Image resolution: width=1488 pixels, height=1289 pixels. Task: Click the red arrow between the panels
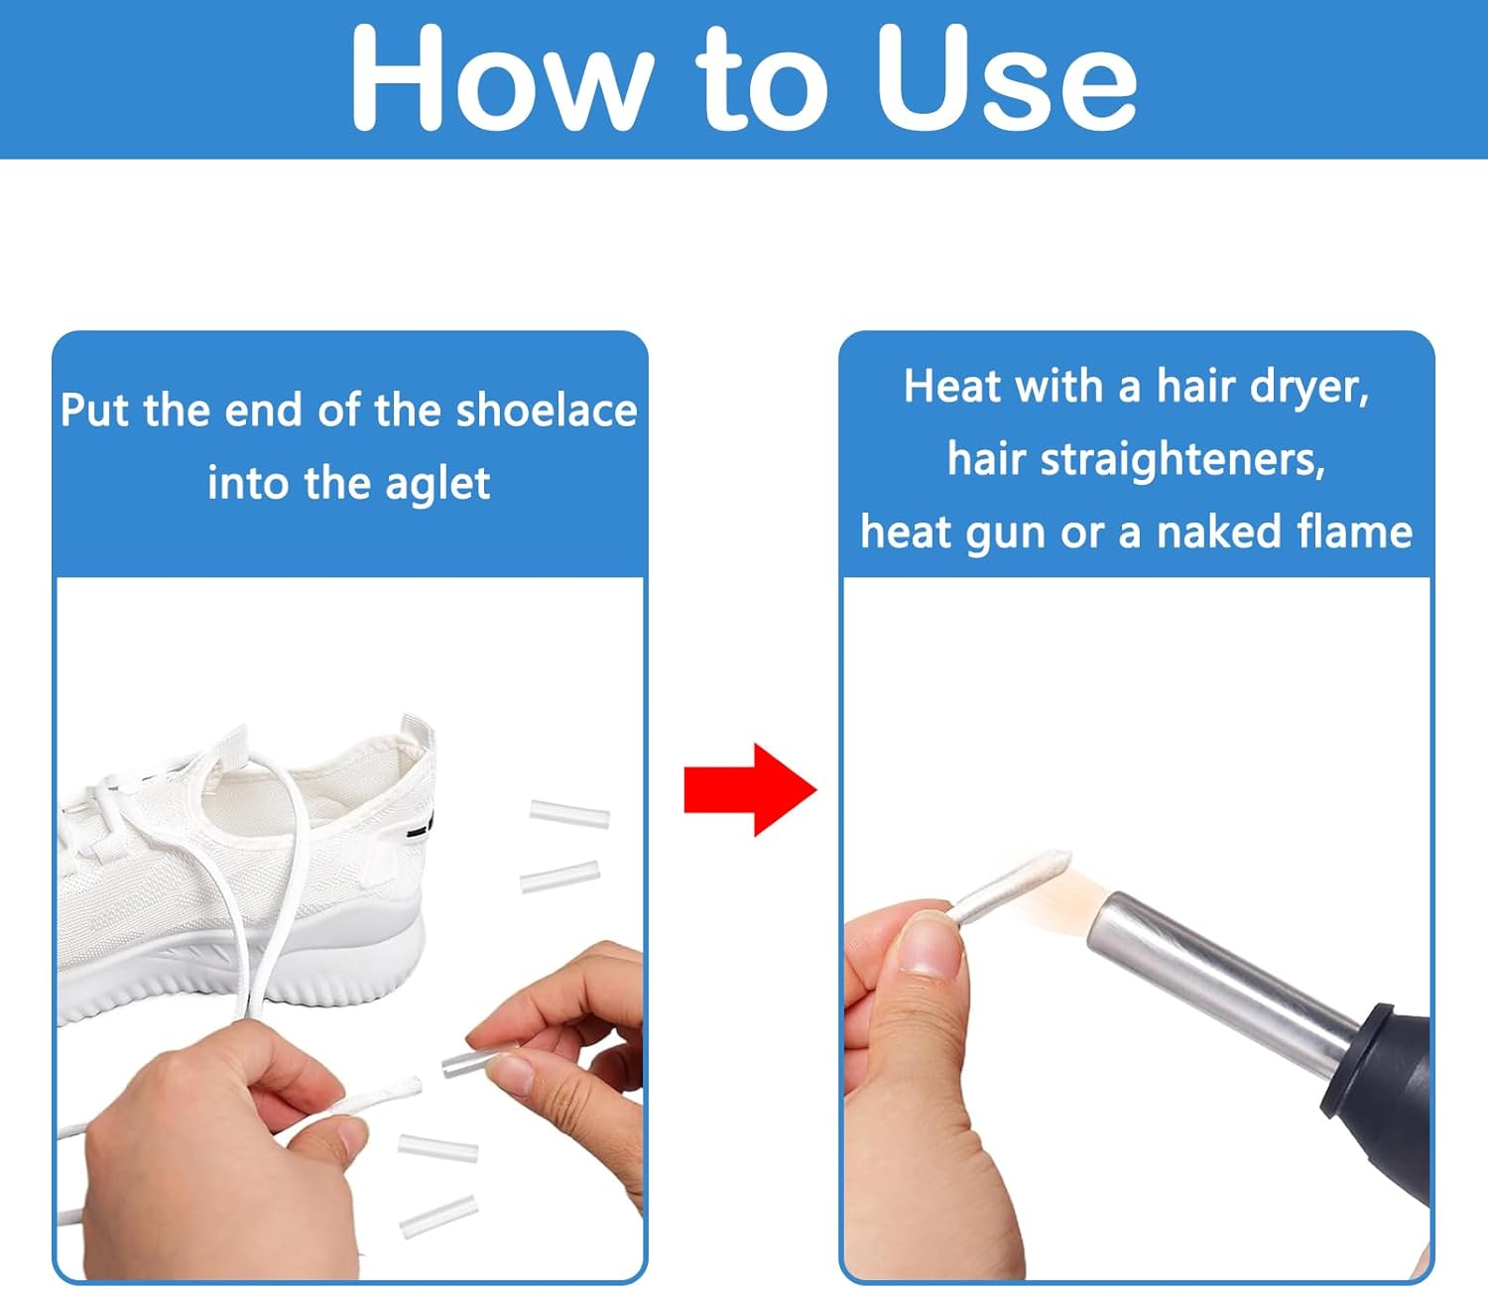(750, 789)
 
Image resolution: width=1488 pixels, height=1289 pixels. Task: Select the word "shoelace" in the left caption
(547, 410)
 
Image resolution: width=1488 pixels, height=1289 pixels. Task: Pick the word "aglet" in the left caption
(436, 484)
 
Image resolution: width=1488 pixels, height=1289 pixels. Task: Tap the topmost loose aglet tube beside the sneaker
(569, 814)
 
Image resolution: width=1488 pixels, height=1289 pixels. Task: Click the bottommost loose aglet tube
(438, 1217)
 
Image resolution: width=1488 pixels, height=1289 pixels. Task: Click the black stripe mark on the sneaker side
(422, 828)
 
